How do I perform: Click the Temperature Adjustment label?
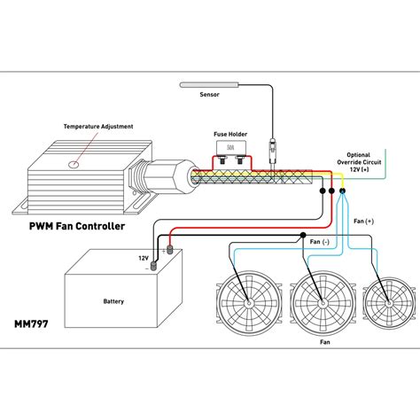pos(97,127)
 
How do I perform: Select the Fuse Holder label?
pos(229,135)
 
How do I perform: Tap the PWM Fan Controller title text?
pos(79,226)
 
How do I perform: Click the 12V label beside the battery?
pos(143,258)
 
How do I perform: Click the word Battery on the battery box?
pos(113,301)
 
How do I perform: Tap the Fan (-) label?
pos(319,242)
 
